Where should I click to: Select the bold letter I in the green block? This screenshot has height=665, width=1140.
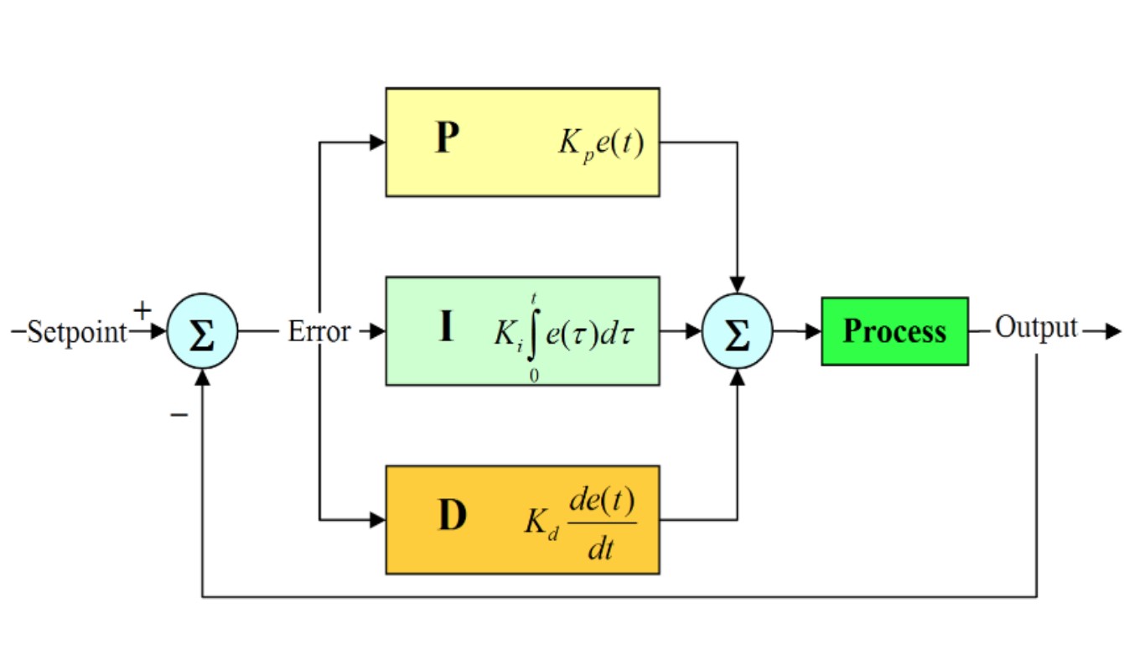[x=447, y=328]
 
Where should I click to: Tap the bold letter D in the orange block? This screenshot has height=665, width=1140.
[x=452, y=517]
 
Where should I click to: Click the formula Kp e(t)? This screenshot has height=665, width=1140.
[x=601, y=143]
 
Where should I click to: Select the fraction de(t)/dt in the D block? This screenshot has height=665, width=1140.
[x=602, y=524]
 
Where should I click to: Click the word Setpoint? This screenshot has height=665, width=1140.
[x=77, y=332]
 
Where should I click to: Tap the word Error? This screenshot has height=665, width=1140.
[x=319, y=332]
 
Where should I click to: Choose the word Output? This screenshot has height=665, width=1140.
[x=1036, y=329]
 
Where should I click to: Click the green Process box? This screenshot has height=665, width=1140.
[x=894, y=331]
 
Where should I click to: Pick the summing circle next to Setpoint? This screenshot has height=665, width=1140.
[x=203, y=332]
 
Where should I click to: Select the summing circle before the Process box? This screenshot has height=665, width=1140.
[x=738, y=332]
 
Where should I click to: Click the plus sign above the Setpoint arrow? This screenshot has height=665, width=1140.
[x=142, y=311]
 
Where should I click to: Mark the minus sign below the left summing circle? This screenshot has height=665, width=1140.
[x=179, y=414]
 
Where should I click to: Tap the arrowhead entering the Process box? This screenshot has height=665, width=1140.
[x=813, y=332]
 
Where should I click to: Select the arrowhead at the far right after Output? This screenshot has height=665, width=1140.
[x=1113, y=332]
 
